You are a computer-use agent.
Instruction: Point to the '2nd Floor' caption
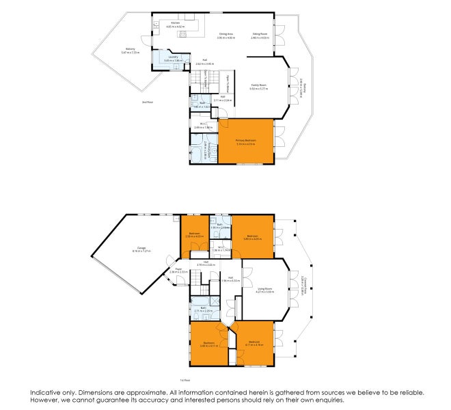pos(147,102)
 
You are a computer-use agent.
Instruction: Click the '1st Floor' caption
pos(184,380)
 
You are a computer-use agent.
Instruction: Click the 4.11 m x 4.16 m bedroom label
pos(254,344)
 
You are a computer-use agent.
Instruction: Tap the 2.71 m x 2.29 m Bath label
pos(204,309)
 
